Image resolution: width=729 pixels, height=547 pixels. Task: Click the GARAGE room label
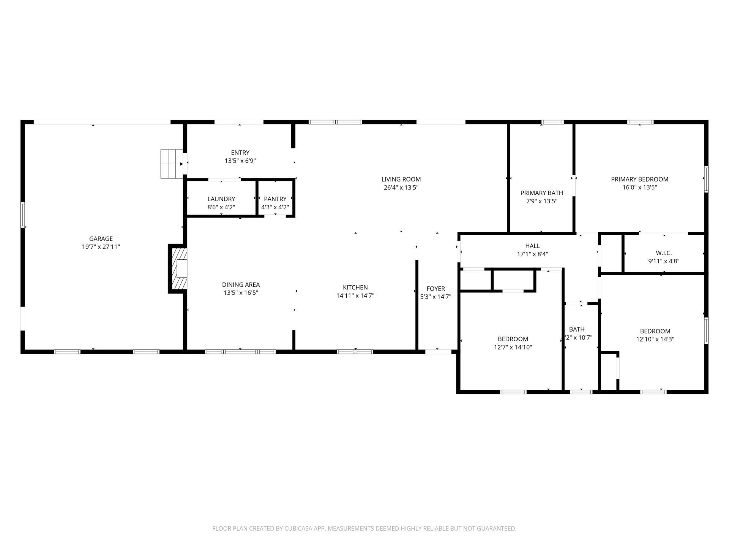click(101, 239)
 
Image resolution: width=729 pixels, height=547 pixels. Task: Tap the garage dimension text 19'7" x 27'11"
click(101, 247)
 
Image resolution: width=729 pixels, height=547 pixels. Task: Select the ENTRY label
click(240, 153)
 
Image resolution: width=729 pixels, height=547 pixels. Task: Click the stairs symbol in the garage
click(171, 164)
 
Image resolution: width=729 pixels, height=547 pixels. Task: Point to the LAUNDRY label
click(221, 199)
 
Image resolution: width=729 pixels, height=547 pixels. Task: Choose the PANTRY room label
click(275, 199)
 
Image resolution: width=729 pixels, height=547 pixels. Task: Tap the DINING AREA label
click(241, 285)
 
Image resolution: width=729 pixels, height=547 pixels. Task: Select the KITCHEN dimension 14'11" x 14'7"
click(355, 296)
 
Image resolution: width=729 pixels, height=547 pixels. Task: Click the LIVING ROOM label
click(401, 179)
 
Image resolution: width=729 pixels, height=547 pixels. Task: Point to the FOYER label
click(436, 289)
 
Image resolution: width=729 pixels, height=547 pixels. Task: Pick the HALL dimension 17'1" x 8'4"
click(532, 254)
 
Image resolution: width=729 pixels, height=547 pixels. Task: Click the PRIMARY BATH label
click(541, 193)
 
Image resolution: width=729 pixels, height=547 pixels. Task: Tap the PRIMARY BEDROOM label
click(639, 179)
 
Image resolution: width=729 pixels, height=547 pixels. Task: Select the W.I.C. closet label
click(663, 253)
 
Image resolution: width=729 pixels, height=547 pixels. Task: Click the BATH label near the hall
click(576, 329)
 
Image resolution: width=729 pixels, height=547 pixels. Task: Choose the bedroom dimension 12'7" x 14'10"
click(513, 347)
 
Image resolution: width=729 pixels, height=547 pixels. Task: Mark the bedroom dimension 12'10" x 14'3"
click(655, 339)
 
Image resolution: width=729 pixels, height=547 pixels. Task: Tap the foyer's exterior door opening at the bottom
click(438, 352)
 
